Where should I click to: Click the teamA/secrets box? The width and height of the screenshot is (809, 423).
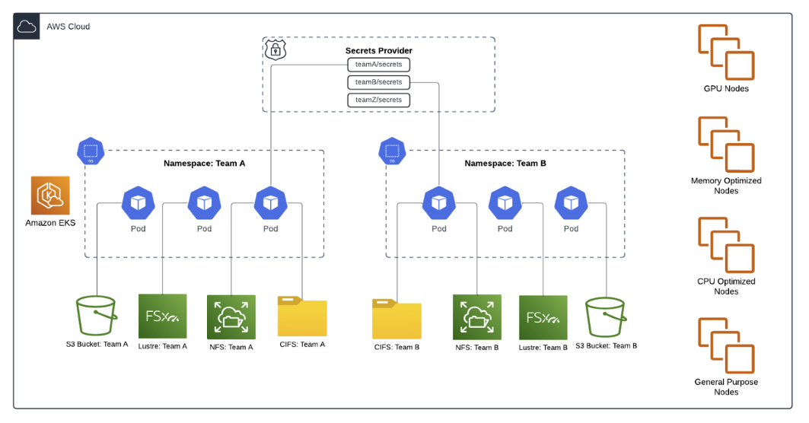click(x=378, y=65)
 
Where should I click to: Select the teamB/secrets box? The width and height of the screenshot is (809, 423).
click(x=378, y=82)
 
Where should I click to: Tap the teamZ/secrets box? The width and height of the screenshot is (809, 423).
click(x=378, y=100)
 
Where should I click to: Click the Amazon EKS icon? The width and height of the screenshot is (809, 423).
click(x=50, y=196)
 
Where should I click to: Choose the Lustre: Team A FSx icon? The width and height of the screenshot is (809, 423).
click(x=162, y=316)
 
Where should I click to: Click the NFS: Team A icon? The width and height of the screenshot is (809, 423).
click(x=231, y=316)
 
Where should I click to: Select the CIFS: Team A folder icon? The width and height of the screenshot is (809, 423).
click(x=302, y=316)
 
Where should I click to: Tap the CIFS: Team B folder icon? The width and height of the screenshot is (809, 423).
click(x=397, y=319)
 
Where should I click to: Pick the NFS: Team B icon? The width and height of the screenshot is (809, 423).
click(x=477, y=318)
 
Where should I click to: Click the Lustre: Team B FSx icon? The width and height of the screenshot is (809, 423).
click(x=543, y=317)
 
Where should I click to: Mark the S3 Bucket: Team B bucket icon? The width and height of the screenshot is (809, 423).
click(x=606, y=318)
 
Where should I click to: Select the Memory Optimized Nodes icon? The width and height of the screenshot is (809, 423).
click(x=726, y=145)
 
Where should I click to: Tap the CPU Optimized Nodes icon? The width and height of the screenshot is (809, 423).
click(x=726, y=245)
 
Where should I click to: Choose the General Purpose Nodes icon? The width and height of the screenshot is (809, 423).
click(x=726, y=345)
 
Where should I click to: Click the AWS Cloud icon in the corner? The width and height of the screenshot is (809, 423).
click(x=27, y=27)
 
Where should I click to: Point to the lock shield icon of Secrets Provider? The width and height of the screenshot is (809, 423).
click(x=274, y=50)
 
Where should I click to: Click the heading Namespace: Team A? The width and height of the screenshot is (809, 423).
click(x=204, y=164)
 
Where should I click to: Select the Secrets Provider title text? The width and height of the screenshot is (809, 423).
click(x=378, y=51)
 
